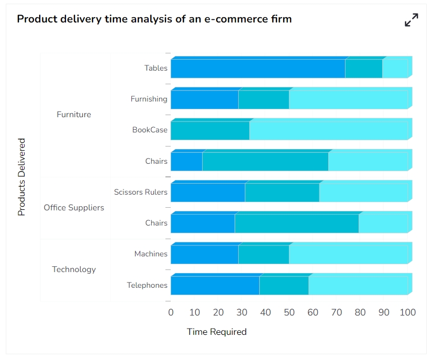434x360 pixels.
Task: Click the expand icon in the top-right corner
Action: pyautogui.click(x=411, y=20)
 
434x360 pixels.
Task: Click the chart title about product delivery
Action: pyautogui.click(x=154, y=19)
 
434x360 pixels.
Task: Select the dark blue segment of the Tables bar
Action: pyautogui.click(x=258, y=69)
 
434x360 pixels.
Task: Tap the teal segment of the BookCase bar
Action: pyautogui.click(x=209, y=130)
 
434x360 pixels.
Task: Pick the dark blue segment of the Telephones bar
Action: pyautogui.click(x=215, y=286)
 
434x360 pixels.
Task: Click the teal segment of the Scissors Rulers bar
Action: pyautogui.click(x=282, y=193)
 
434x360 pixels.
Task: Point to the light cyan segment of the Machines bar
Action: pyautogui.click(x=348, y=255)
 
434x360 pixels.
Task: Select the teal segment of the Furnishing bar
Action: pyautogui.click(x=263, y=99)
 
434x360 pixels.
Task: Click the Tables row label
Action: pyautogui.click(x=156, y=68)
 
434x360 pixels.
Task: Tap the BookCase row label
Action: pyautogui.click(x=150, y=130)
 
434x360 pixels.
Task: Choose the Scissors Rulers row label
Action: pyautogui.click(x=141, y=192)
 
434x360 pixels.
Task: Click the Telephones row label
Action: pyautogui.click(x=147, y=285)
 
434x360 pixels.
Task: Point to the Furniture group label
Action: pyautogui.click(x=74, y=115)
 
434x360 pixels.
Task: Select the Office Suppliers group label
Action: pyautogui.click(x=74, y=208)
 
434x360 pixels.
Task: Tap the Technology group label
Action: pyautogui.click(x=74, y=269)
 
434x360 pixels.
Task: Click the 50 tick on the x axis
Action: pyautogui.click(x=289, y=312)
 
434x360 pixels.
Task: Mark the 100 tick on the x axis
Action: pyautogui.click(x=407, y=312)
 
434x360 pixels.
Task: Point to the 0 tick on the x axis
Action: pyautogui.click(x=171, y=312)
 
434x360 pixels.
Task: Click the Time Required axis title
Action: pyautogui.click(x=217, y=332)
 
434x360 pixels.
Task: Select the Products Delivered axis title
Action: pyautogui.click(x=21, y=177)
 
